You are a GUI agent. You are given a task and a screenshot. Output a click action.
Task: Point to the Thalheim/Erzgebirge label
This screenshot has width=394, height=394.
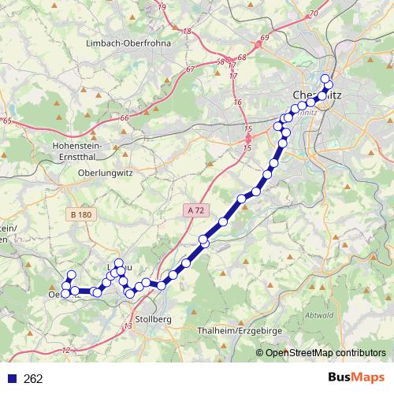[x=240, y=331]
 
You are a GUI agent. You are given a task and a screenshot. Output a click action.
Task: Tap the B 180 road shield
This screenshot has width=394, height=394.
[x=80, y=214]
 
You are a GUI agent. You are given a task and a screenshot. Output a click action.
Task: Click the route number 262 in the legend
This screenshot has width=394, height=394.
[x=33, y=379]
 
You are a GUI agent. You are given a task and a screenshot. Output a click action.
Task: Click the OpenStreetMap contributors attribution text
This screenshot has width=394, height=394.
[x=325, y=352]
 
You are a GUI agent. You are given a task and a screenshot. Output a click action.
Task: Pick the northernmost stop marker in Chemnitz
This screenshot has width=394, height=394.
[x=325, y=78]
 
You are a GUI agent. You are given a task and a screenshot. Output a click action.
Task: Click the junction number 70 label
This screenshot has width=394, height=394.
[x=313, y=13]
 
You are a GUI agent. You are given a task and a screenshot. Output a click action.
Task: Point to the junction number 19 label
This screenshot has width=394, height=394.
[x=162, y=7]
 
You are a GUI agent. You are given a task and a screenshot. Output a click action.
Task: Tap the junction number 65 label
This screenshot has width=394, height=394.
[x=7, y=121]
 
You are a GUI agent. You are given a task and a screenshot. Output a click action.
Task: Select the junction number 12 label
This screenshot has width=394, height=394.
[x=65, y=350]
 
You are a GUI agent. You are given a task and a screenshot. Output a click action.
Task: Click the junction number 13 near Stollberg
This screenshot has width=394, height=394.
[x=128, y=325]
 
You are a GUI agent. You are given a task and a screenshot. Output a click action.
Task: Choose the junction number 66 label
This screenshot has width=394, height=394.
[x=125, y=118]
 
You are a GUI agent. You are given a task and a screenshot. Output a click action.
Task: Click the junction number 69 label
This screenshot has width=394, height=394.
[x=264, y=38]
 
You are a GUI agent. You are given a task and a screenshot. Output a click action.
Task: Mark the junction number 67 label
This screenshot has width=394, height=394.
[x=190, y=69]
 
